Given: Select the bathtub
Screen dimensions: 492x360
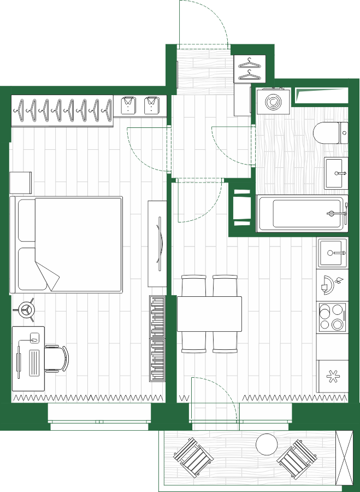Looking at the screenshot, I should [x=302, y=213].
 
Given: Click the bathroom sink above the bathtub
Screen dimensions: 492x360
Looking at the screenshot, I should [x=335, y=173].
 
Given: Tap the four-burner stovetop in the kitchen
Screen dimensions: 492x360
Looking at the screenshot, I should [x=332, y=317].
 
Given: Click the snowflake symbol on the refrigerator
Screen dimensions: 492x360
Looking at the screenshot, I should [x=332, y=376].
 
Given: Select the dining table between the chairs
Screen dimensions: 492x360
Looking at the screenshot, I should [x=209, y=314].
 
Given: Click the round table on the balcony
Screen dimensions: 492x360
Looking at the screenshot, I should [x=267, y=444].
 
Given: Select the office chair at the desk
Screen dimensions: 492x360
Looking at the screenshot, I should [x=57, y=359].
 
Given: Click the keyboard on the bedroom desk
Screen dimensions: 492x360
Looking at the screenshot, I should [x=34, y=362].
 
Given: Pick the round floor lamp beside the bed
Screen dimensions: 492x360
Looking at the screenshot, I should [x=25, y=311].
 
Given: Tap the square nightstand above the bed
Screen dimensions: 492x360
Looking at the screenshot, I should [x=21, y=183].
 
